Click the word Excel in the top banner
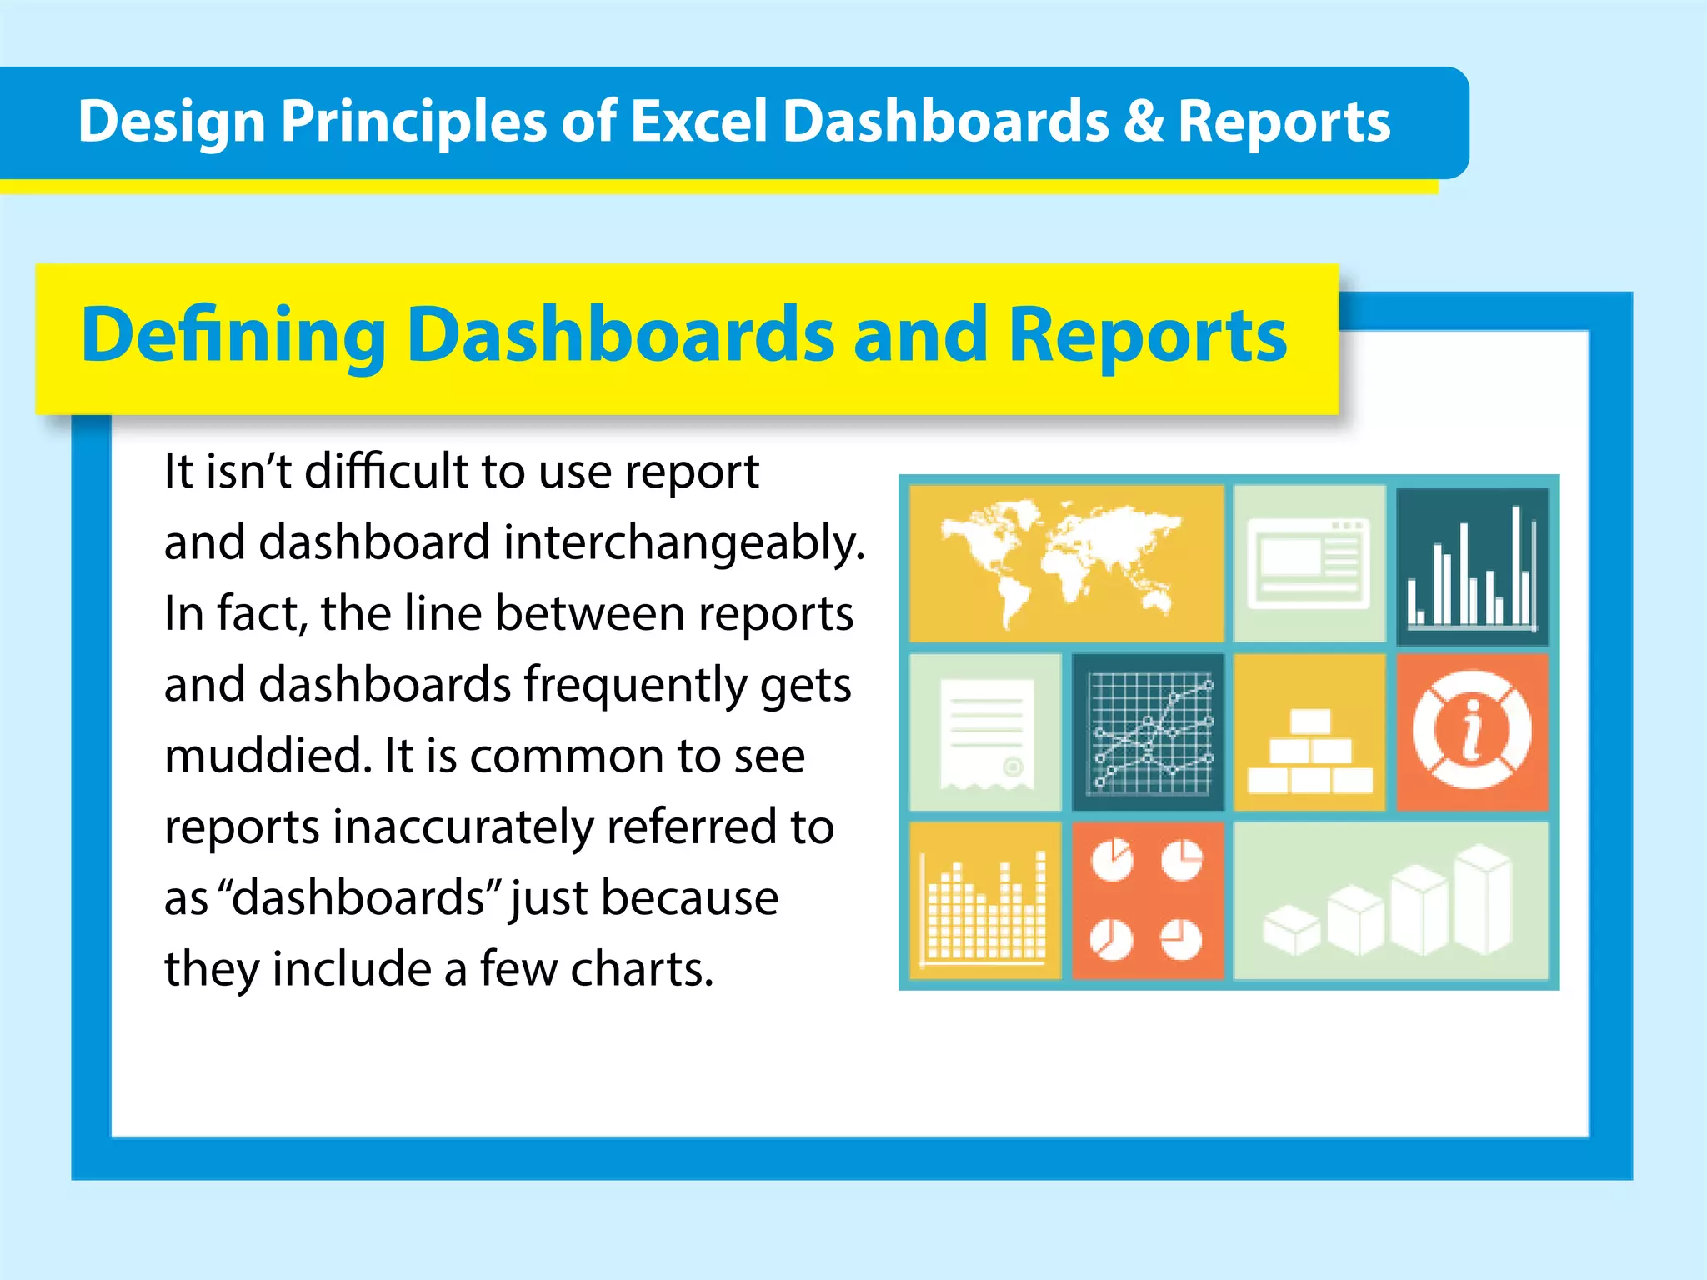click(x=698, y=122)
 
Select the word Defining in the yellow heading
click(x=233, y=336)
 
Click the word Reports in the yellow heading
click(x=1147, y=336)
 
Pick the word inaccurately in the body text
click(x=463, y=827)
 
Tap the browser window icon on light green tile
click(x=1309, y=563)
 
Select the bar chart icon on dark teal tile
click(x=1471, y=567)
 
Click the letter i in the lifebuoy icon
click(x=1472, y=730)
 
